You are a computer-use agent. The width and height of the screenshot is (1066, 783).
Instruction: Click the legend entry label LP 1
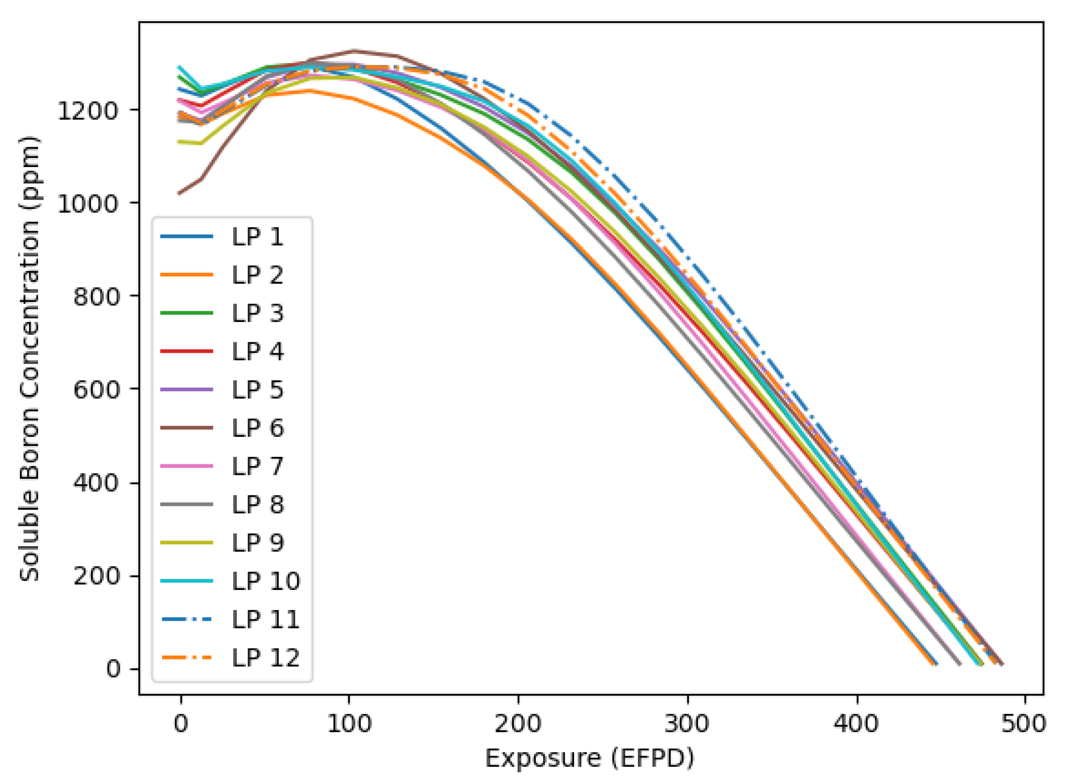[257, 237]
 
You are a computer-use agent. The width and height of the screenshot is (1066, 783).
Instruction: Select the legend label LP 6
[257, 428]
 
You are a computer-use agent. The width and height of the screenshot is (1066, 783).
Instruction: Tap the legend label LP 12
[265, 658]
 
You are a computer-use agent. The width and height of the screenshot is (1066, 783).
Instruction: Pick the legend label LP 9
[257, 543]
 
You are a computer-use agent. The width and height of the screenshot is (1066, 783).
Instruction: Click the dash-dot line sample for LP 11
[187, 619]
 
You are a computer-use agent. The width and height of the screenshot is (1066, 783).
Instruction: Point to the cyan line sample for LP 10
[187, 581]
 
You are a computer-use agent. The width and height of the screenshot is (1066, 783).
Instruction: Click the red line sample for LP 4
[187, 351]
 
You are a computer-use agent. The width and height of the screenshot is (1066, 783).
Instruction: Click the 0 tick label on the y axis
[113, 669]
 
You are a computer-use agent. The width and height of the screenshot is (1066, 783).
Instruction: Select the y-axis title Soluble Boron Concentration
[29, 359]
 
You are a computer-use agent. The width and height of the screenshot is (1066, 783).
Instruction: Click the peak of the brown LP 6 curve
[354, 50]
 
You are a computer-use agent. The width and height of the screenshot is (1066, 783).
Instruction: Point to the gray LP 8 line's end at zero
[959, 664]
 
